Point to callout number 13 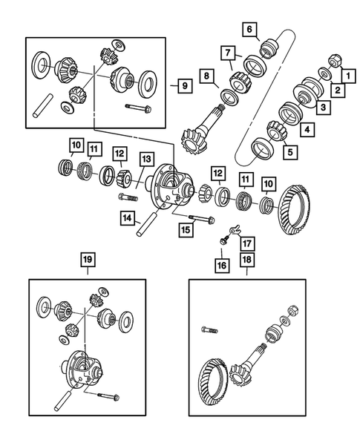[x=145, y=160]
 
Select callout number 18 [x=246, y=261]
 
